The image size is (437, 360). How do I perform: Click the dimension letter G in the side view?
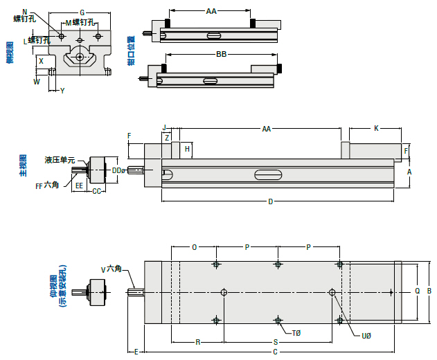(82, 12)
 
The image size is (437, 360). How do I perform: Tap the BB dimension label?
(221, 54)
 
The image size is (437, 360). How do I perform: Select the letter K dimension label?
(376, 128)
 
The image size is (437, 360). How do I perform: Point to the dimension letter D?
(270, 201)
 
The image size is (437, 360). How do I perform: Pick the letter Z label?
(167, 138)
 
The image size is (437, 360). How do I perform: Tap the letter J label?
(164, 127)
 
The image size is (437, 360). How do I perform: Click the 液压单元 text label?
(60, 160)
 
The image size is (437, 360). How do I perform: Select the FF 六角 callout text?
(47, 185)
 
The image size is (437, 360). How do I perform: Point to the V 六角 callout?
(112, 269)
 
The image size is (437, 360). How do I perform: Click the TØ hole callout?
(296, 333)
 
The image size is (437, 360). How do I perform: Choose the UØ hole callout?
(367, 336)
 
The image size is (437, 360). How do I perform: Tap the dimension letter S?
(275, 342)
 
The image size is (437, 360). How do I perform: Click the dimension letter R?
(197, 342)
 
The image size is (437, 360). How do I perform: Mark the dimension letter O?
(194, 246)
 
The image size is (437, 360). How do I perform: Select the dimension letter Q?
(417, 291)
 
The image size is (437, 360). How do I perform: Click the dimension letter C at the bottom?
(275, 352)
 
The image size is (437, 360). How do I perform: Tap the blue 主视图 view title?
(23, 168)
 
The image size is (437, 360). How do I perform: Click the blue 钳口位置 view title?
(130, 52)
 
